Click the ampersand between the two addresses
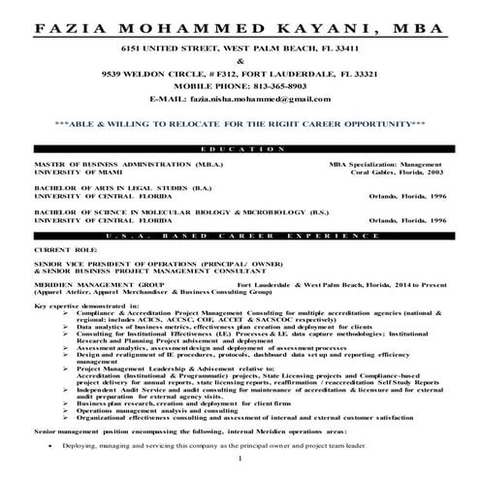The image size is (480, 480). click(x=240, y=60)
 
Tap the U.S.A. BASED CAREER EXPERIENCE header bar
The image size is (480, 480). click(x=240, y=236)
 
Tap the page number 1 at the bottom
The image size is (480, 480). click(x=240, y=472)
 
